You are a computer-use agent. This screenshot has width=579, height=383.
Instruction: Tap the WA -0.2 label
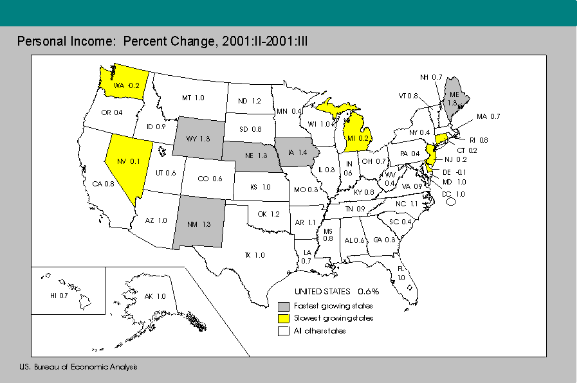click(127, 84)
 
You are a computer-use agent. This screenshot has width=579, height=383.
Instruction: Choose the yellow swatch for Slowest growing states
click(283, 318)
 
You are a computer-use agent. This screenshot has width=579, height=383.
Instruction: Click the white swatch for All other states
click(283, 331)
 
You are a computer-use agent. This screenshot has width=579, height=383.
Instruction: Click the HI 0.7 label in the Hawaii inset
click(59, 296)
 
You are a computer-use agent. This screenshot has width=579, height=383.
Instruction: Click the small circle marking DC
click(451, 201)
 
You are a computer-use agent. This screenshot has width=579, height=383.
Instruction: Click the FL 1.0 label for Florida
click(401, 273)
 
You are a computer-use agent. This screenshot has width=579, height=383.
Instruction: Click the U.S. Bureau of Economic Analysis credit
click(78, 367)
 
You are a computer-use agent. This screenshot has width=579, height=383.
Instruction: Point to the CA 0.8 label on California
click(103, 184)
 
